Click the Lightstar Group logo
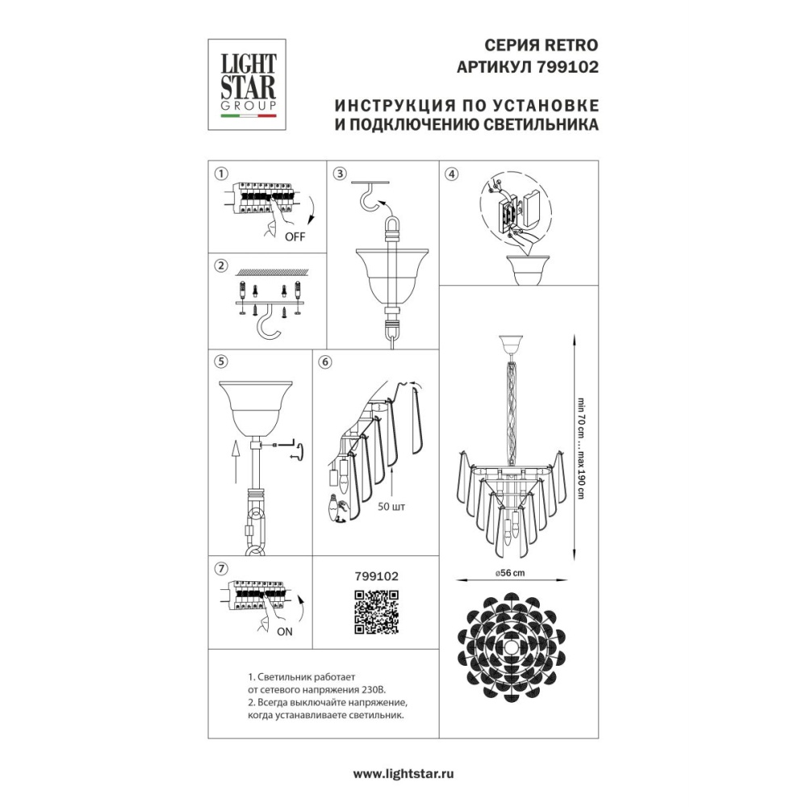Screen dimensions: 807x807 tap(246, 85)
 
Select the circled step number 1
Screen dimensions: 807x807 tap(221, 174)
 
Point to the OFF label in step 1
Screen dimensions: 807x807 tap(295, 236)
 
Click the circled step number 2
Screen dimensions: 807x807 tap(221, 266)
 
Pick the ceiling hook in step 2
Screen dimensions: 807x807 tap(270, 325)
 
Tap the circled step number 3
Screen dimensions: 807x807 tap(340, 174)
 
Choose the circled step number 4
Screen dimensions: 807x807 tap(451, 174)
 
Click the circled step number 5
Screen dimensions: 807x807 tap(221, 362)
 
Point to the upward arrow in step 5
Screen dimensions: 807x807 tap(235, 462)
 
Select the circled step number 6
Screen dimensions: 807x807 tap(324, 362)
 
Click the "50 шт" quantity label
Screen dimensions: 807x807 tap(391, 507)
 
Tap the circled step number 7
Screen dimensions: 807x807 tap(221, 569)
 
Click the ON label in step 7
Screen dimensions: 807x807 tap(285, 632)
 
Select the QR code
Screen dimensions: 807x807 tap(377, 612)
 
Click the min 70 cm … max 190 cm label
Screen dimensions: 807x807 tap(582, 448)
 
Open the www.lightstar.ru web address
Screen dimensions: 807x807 tap(403, 774)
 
